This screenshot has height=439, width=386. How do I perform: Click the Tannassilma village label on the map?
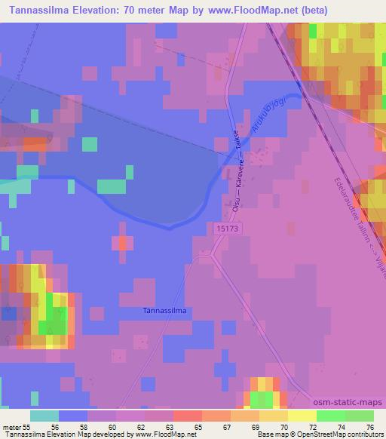point(164,310)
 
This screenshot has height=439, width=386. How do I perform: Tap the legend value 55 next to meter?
point(26,427)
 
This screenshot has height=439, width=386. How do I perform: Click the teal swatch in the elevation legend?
point(44,416)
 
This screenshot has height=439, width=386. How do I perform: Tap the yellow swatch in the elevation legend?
point(302,416)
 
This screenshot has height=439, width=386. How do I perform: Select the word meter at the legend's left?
point(11,427)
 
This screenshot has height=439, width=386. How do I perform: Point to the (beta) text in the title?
point(359,11)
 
